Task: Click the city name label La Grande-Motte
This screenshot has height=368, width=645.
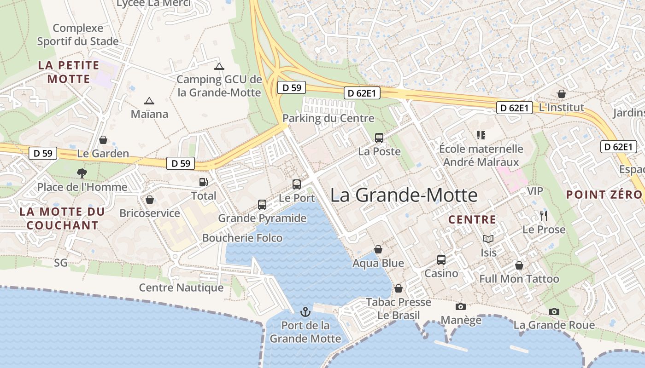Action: [404, 195]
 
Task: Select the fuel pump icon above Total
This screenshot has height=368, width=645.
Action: [203, 182]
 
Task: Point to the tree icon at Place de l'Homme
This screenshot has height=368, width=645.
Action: [82, 173]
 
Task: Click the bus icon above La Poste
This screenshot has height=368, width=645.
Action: [379, 138]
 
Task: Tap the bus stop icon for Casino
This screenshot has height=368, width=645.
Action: [441, 260]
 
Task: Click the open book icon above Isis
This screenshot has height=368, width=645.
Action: [488, 239]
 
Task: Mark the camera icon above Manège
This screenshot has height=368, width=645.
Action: [460, 306]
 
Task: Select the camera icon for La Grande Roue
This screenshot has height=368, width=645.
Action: [554, 311]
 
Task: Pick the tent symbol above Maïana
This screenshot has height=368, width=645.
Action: [149, 101]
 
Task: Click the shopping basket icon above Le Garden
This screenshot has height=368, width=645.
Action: [103, 140]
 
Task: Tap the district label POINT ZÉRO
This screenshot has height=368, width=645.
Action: [604, 195]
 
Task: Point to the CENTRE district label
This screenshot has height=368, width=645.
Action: [472, 220]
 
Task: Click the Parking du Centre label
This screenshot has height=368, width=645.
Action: [328, 118]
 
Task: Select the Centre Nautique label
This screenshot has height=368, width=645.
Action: [181, 288]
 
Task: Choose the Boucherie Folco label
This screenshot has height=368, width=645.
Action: [242, 238]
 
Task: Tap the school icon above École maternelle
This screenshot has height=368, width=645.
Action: [481, 135]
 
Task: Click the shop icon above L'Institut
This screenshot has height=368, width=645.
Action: [561, 94]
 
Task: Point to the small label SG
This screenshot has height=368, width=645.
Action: [60, 263]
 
